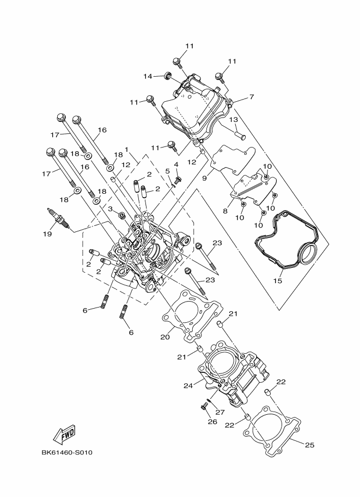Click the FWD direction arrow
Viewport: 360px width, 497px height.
[x=64, y=434]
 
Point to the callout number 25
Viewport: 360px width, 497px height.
[x=309, y=445]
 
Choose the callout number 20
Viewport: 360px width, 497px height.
[x=166, y=336]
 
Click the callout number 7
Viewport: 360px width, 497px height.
[x=252, y=97]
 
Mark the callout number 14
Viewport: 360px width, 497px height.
[x=147, y=76]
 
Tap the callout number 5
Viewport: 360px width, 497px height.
[x=168, y=171]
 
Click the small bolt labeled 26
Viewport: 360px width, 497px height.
[x=206, y=406]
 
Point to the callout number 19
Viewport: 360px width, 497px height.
[x=47, y=234]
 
